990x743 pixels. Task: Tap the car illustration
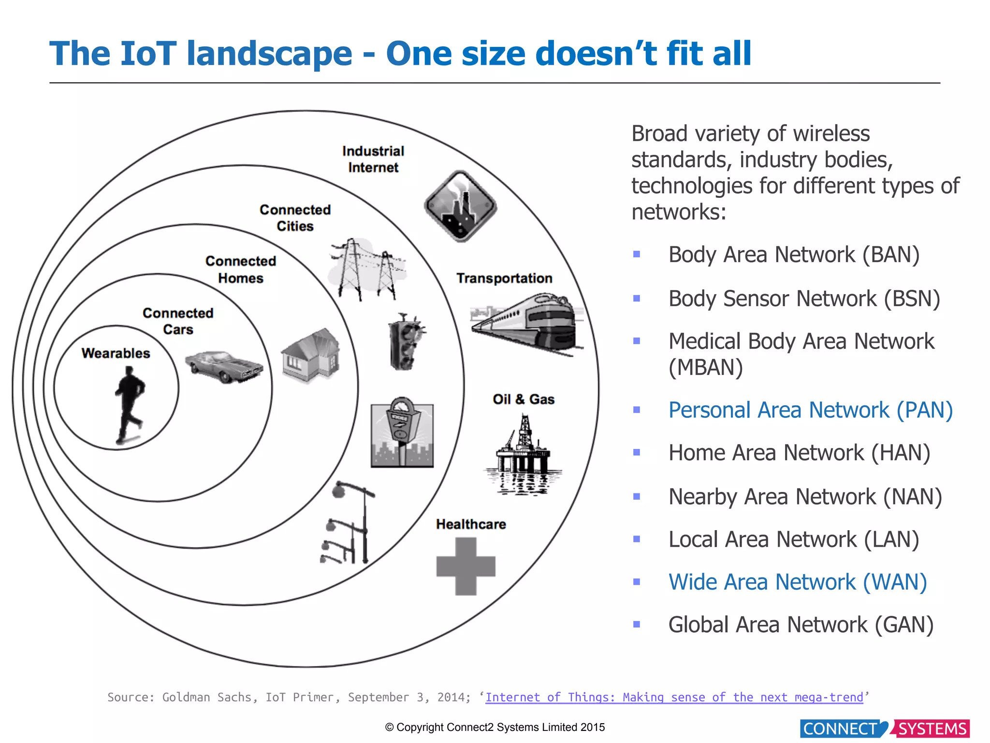[x=224, y=366]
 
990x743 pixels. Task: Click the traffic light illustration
[x=405, y=342]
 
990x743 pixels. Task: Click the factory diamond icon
[x=460, y=206]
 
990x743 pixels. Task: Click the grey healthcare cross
[x=466, y=566]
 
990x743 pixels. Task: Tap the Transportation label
[x=504, y=278]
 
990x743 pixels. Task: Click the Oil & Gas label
[x=523, y=399]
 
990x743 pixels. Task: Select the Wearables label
[x=116, y=353]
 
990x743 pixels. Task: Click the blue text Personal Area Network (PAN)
[x=810, y=410]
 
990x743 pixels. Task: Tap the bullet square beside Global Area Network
[x=637, y=624]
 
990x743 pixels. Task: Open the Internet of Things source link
[x=674, y=697]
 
